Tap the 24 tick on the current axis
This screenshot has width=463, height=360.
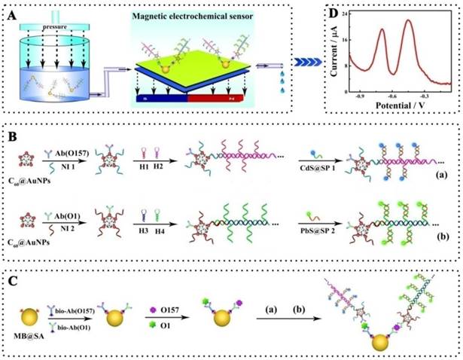coord(345,14)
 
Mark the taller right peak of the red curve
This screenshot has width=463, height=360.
coord(409,20)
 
